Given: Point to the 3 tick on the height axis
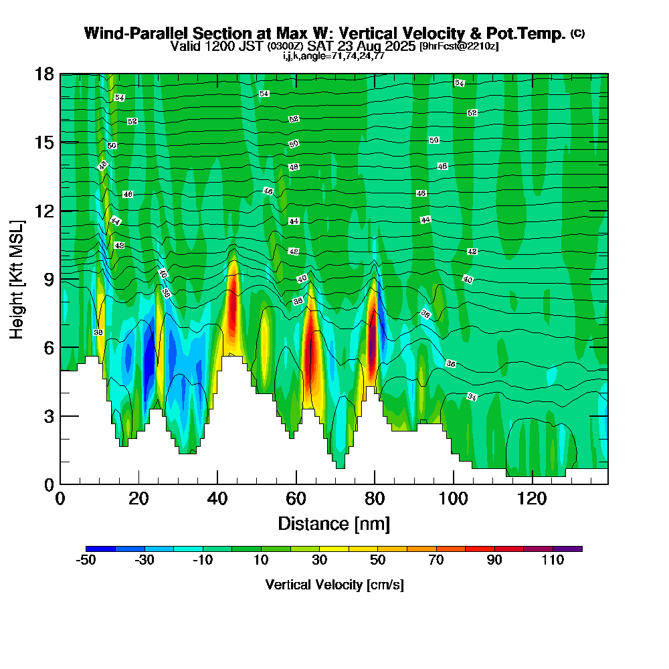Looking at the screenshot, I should tap(60, 415).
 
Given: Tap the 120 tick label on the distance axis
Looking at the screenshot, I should tap(532, 500).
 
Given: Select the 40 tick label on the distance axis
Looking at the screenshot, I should tap(217, 500).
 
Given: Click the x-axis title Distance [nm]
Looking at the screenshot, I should tap(334, 523).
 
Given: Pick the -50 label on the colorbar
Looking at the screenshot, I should tap(86, 561).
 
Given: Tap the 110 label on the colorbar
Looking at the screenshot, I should tap(553, 561).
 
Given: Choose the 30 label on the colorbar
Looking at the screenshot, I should tap(320, 561).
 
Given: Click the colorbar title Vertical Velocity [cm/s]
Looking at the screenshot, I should tap(334, 585).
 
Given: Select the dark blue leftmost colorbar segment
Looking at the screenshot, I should tap(101, 549).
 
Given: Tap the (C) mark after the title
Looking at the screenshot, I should tap(577, 33).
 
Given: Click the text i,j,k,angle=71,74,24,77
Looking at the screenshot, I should tap(334, 56).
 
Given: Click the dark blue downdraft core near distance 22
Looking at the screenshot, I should tap(149, 361).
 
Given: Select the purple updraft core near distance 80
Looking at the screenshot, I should tap(373, 348).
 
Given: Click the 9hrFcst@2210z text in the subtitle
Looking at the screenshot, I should tap(458, 46).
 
